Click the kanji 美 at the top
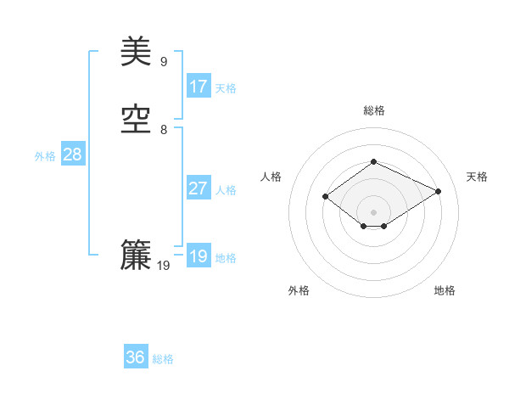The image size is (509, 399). pos(136,53)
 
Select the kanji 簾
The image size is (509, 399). pos(136,256)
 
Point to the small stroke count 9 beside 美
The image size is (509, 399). pos(164,61)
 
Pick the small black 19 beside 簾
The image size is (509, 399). pos(164,266)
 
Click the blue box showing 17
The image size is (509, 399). pos(199,86)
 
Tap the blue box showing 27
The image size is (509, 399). pos(199,188)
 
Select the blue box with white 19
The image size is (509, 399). pos(199,256)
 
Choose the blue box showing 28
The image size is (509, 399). pos(73,155)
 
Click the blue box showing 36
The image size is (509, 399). pos(136,357)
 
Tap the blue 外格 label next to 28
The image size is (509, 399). pos(45,156)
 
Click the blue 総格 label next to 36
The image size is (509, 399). pos(164,359)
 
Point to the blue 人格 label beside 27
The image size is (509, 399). pos(227,190)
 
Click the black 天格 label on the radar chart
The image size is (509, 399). pos(477,177)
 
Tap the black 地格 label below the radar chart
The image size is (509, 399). pos(445,291)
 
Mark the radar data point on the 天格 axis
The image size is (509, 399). pos(439,192)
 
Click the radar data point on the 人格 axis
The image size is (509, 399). pos(326,197)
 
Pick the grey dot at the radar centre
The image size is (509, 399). pos(373,211)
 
